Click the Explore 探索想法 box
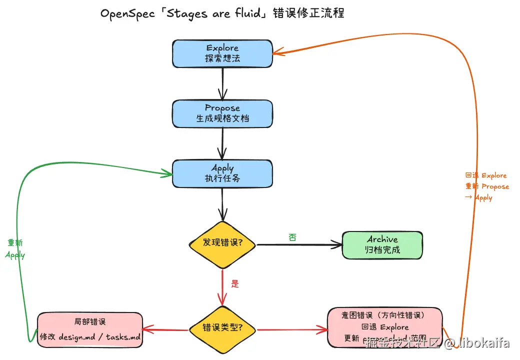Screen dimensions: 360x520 [x=222, y=53]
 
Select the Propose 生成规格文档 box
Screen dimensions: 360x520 [x=222, y=113]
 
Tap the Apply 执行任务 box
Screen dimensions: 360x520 [x=222, y=173]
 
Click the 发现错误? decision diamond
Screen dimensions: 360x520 [x=222, y=244]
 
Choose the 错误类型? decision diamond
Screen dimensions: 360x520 [x=222, y=328]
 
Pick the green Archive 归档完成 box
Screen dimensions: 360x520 [x=382, y=245]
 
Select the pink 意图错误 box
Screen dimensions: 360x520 [x=384, y=327]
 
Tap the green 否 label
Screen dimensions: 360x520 [x=293, y=237]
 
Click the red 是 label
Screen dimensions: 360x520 [x=235, y=283]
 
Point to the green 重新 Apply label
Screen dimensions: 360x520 [x=15, y=249]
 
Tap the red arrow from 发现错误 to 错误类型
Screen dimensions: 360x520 [x=222, y=287]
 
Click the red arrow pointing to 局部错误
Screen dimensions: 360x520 [x=165, y=329]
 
